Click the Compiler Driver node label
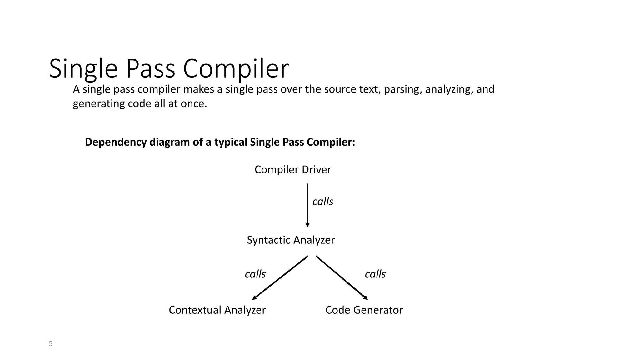[x=292, y=170]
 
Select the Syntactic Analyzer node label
[x=291, y=240]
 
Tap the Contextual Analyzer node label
[x=217, y=310]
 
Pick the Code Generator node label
[x=364, y=310]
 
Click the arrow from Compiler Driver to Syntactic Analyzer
[x=307, y=205]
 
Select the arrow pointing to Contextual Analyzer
[x=280, y=278]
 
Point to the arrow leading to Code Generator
[x=342, y=277]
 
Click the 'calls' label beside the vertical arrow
[x=322, y=202]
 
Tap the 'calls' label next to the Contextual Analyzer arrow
[x=255, y=274]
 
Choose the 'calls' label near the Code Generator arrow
[x=375, y=274]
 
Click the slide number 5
[x=51, y=344]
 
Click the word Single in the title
[x=83, y=69]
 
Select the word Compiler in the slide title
[x=236, y=69]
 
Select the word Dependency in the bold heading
[x=116, y=142]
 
